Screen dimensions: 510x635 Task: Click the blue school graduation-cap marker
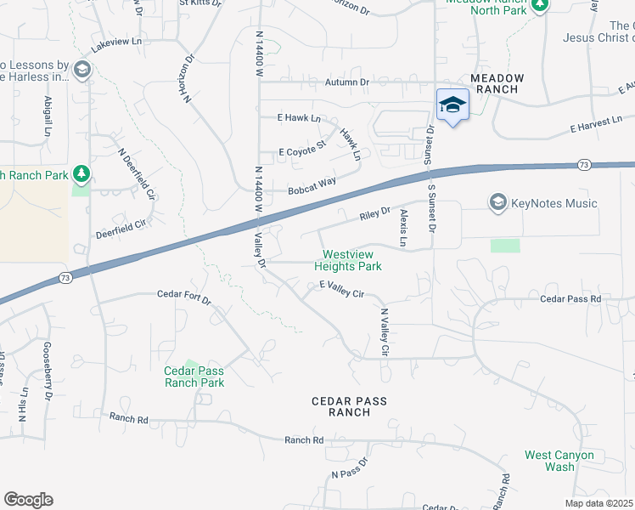point(452,105)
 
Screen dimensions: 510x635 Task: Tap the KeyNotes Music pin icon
point(497,202)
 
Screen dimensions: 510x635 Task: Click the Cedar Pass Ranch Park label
point(194,377)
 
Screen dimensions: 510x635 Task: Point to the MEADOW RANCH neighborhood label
point(498,83)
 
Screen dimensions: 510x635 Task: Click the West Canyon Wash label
point(559,461)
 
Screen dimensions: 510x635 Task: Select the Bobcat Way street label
point(312,185)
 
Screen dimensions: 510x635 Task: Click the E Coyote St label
point(302,150)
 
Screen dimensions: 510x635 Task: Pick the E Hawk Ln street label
point(300,118)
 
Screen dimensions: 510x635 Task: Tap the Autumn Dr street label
point(348,82)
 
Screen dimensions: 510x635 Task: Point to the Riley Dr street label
point(374,213)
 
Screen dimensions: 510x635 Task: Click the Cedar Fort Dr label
point(183,295)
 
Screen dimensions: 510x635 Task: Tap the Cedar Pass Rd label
point(570,299)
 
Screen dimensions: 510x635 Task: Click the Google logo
point(28,500)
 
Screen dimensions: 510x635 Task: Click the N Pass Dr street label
point(349,468)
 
